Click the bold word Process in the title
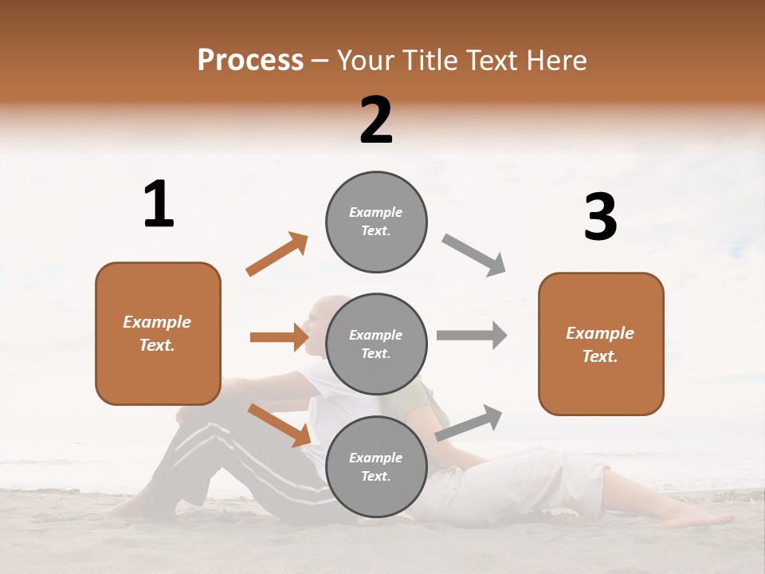point(250,61)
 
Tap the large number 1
point(159,205)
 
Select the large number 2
point(376,120)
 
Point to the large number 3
point(600,218)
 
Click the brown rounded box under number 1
point(158,333)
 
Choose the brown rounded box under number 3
point(601,344)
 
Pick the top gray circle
point(376,222)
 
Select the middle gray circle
point(376,344)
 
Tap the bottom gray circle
point(376,466)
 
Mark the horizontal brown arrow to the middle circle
point(279,337)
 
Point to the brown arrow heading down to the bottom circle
point(279,424)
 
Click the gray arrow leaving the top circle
point(474,255)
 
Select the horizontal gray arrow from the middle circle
point(472,336)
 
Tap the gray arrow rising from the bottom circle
point(469,423)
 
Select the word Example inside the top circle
point(375,212)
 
